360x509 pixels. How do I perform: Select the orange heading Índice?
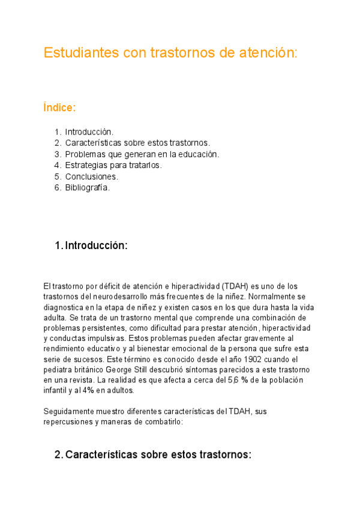(59, 108)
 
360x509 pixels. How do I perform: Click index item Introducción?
(89, 131)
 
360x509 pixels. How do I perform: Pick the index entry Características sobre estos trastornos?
(137, 143)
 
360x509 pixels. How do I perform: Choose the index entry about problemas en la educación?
(142, 154)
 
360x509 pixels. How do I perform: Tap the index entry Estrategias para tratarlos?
(113, 165)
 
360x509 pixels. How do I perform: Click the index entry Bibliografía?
(88, 187)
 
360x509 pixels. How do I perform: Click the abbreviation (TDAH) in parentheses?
(236, 286)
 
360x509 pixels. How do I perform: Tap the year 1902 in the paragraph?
(246, 360)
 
